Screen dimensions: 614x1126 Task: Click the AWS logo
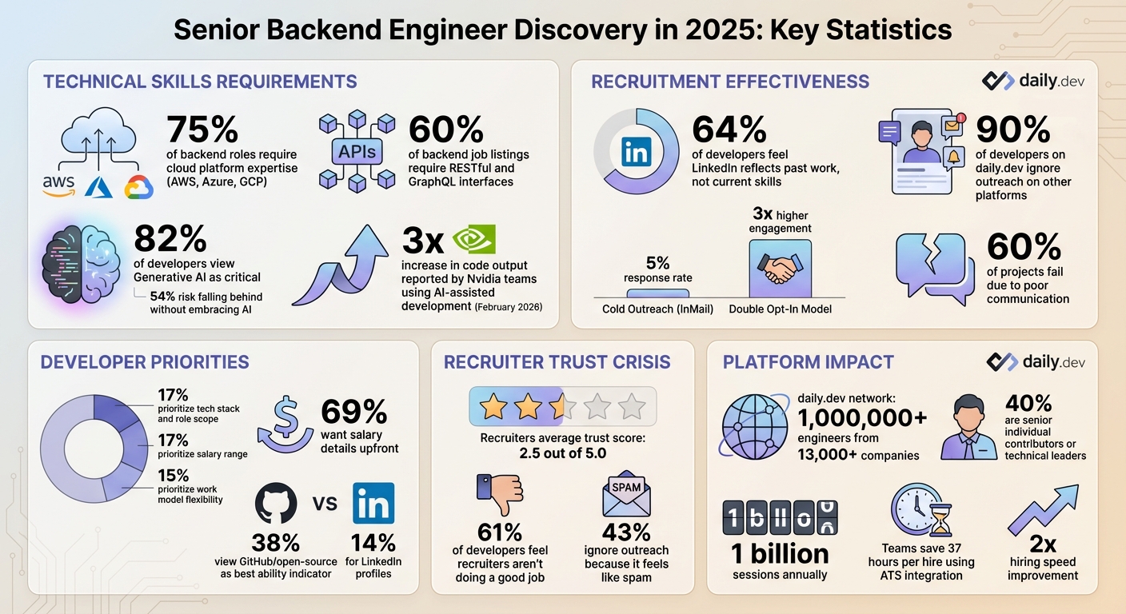pyautogui.click(x=58, y=185)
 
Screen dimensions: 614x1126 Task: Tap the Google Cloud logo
pyautogui.click(x=138, y=187)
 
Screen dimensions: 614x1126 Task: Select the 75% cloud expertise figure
pyautogui.click(x=202, y=130)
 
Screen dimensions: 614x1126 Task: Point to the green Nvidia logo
pyautogui.click(x=473, y=239)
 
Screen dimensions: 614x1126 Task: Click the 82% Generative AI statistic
pyautogui.click(x=170, y=239)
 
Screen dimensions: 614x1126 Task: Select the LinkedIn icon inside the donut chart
pyautogui.click(x=636, y=152)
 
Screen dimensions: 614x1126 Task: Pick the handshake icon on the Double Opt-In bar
pyautogui.click(x=780, y=270)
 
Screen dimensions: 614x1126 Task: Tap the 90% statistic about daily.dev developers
pyautogui.click(x=1013, y=130)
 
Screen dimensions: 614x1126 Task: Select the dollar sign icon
pyautogui.click(x=285, y=424)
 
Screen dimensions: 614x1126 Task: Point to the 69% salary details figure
pyautogui.click(x=354, y=412)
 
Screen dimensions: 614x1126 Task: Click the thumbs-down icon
pyautogui.click(x=499, y=495)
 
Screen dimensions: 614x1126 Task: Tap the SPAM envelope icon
pyautogui.click(x=626, y=494)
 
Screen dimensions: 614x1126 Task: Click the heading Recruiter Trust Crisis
pyautogui.click(x=557, y=362)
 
